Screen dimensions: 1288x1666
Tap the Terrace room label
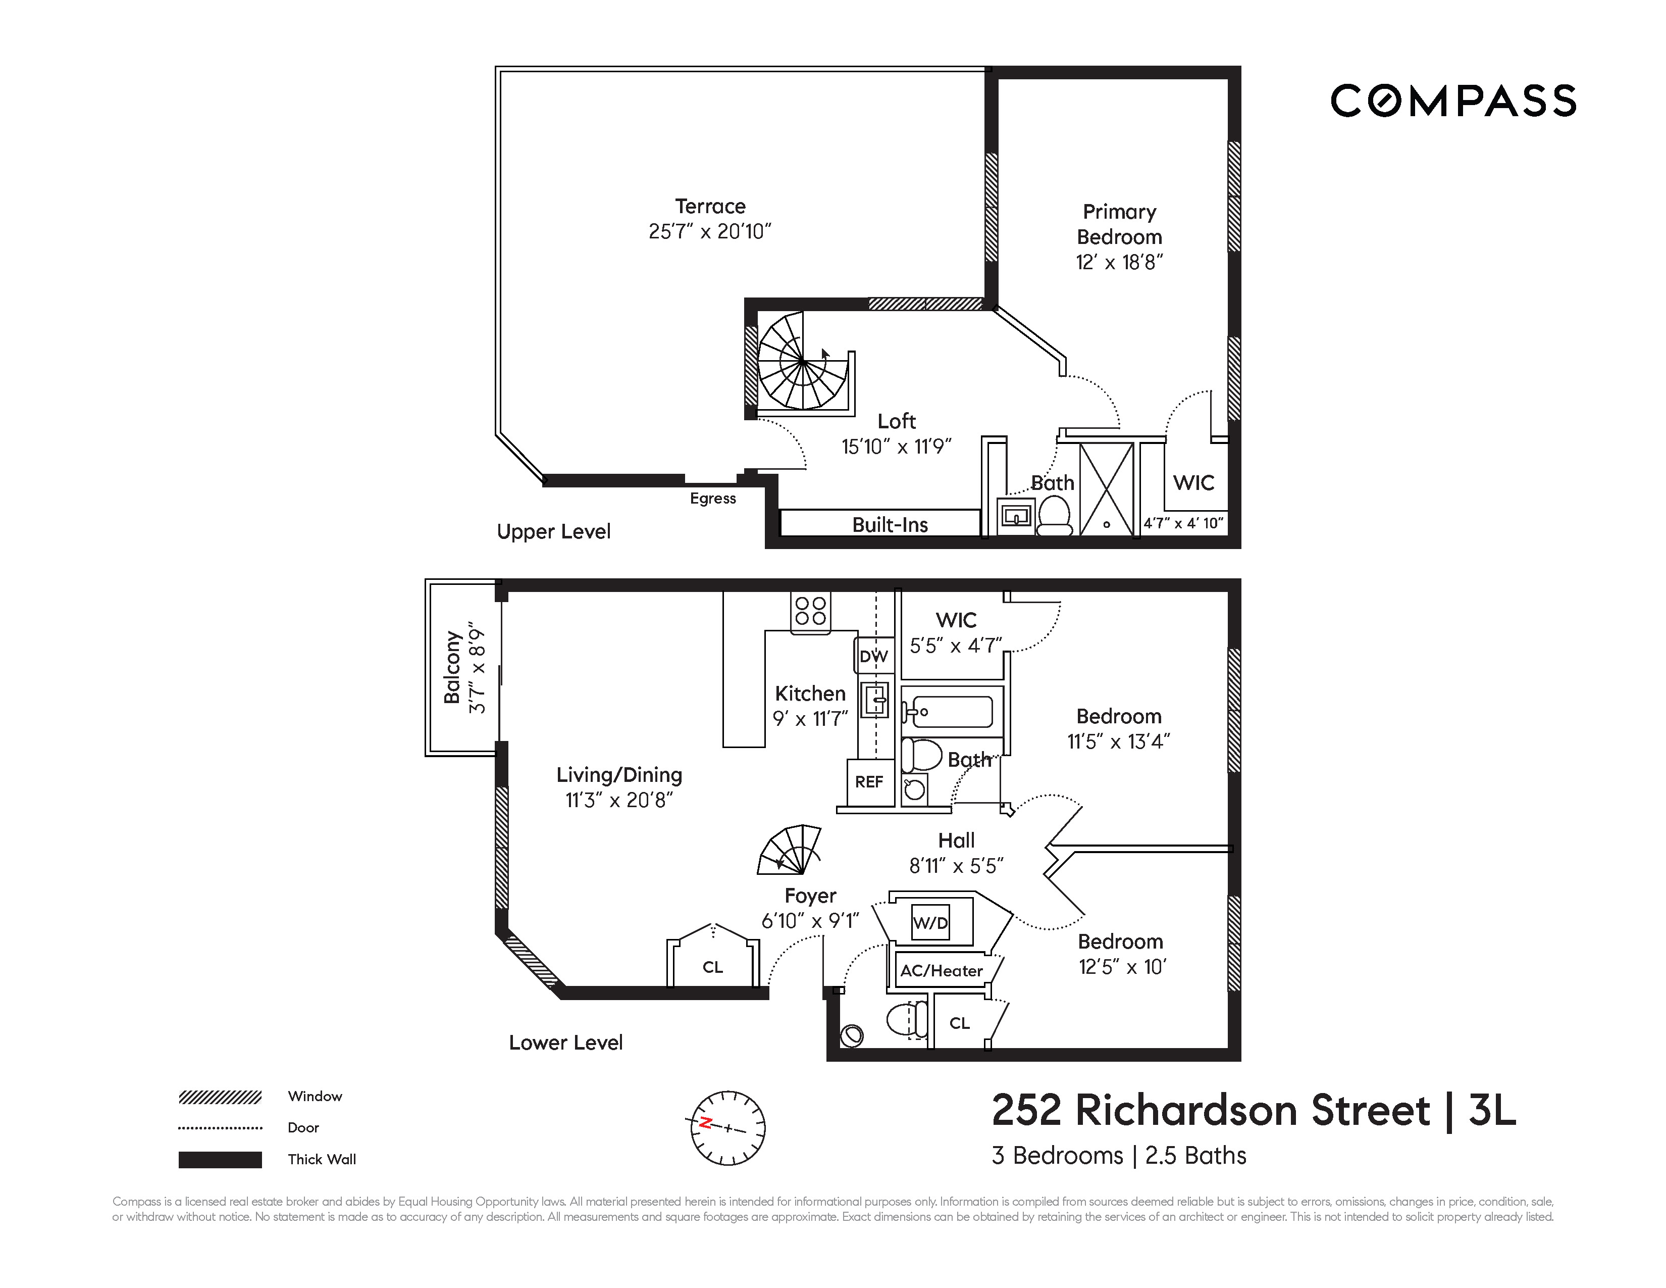[x=709, y=206]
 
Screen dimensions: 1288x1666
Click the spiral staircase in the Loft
[x=803, y=362]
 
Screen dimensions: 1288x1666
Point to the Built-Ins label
[x=890, y=525]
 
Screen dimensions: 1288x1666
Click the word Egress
[x=712, y=498]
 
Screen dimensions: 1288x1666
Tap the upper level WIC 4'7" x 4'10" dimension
[x=1183, y=523]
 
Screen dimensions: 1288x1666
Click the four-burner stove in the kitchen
[x=810, y=611]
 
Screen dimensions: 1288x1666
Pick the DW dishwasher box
[x=873, y=656]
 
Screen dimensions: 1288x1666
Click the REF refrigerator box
[x=869, y=782]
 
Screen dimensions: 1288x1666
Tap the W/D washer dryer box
[x=930, y=922]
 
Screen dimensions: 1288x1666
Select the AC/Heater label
[x=942, y=971]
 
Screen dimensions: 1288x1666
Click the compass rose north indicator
[x=706, y=1122]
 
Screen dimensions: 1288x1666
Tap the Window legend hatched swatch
[x=220, y=1097]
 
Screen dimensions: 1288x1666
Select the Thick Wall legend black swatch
[x=220, y=1160]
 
